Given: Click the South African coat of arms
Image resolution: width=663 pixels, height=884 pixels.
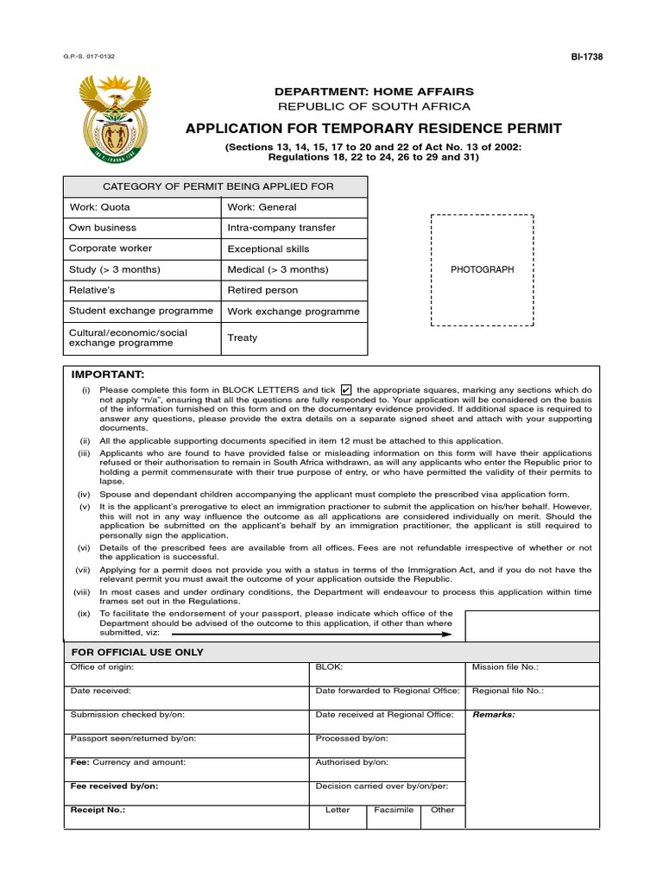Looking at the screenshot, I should (115, 120).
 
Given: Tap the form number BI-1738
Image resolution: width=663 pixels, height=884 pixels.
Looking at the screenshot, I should (586, 57).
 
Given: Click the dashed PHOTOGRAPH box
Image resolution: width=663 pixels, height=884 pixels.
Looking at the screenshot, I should (482, 269).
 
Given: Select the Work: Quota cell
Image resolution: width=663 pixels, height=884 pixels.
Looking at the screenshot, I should (143, 207).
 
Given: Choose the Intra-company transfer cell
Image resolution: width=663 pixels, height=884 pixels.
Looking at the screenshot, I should (294, 228).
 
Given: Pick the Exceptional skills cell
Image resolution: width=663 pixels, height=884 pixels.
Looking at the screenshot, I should (294, 249).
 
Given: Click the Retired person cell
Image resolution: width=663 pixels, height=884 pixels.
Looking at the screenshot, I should (294, 290).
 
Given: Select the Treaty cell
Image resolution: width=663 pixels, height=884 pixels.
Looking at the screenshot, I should (294, 338).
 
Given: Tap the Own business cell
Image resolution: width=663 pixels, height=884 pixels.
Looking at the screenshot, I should (143, 228).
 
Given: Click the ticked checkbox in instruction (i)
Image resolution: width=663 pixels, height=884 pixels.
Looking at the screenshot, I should (347, 389).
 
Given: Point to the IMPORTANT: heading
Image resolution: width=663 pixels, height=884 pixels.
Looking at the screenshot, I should (107, 375).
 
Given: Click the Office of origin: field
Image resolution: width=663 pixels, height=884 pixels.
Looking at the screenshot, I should (186, 673).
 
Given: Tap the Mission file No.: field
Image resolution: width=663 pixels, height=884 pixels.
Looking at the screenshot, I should (532, 673).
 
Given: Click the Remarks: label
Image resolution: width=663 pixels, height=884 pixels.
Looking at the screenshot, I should (493, 715).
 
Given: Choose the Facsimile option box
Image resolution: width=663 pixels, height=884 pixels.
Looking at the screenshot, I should (393, 817).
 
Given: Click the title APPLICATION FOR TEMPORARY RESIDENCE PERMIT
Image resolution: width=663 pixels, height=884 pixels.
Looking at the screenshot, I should (374, 129).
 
